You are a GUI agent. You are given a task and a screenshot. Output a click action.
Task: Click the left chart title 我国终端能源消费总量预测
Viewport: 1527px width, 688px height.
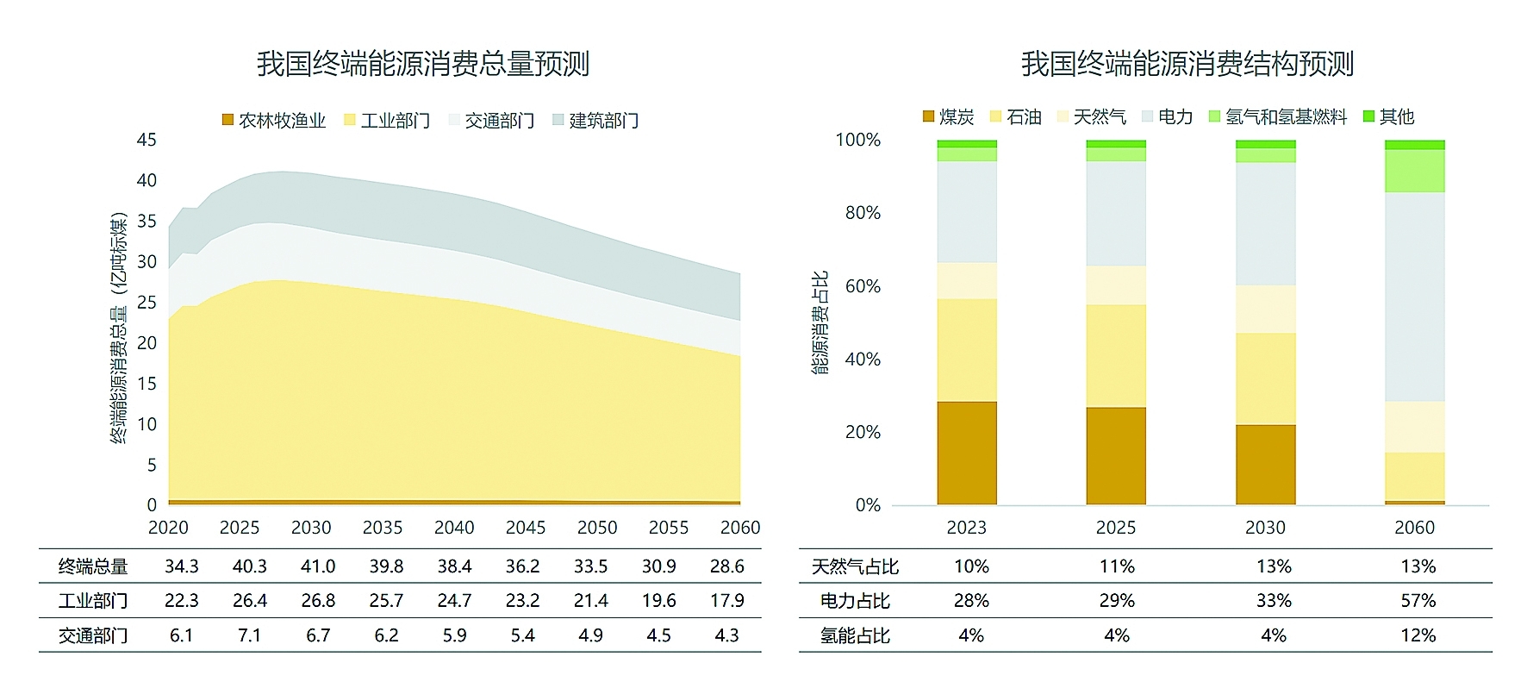[422, 64]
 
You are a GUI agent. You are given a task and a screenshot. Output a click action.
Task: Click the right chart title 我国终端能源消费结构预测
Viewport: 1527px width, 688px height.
[1187, 64]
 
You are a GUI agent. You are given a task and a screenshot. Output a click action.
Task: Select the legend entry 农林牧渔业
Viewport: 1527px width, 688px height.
[274, 121]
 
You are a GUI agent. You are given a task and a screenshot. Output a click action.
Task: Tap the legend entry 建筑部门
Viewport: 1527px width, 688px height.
[595, 121]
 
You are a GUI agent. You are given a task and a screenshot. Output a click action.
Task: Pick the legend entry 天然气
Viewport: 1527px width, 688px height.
[1091, 117]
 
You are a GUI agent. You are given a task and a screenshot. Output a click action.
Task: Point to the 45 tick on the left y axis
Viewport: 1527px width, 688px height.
[146, 140]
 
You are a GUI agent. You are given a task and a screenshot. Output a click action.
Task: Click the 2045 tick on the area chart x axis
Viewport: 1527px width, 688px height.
[526, 528]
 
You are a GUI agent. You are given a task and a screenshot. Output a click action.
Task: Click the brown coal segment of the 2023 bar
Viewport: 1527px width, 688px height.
[967, 453]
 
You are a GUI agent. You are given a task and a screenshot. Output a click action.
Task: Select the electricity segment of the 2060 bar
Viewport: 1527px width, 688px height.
[1414, 297]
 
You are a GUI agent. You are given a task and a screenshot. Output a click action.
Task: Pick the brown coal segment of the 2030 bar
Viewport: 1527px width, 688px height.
[1265, 464]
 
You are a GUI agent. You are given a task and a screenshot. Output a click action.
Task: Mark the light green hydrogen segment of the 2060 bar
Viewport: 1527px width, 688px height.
[1414, 171]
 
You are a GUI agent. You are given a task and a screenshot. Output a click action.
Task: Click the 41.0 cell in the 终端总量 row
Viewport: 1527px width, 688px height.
[318, 566]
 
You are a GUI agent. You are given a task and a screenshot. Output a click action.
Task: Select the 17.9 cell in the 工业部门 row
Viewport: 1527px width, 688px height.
[726, 601]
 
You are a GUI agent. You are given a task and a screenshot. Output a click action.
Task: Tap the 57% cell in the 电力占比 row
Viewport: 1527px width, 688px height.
[1418, 601]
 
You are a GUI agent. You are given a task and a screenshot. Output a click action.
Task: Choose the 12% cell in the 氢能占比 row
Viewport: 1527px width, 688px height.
[1418, 635]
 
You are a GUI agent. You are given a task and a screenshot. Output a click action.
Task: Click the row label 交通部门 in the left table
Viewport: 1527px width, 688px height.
[93, 635]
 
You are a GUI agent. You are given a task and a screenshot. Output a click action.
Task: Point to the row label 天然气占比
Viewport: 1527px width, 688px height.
[855, 566]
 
